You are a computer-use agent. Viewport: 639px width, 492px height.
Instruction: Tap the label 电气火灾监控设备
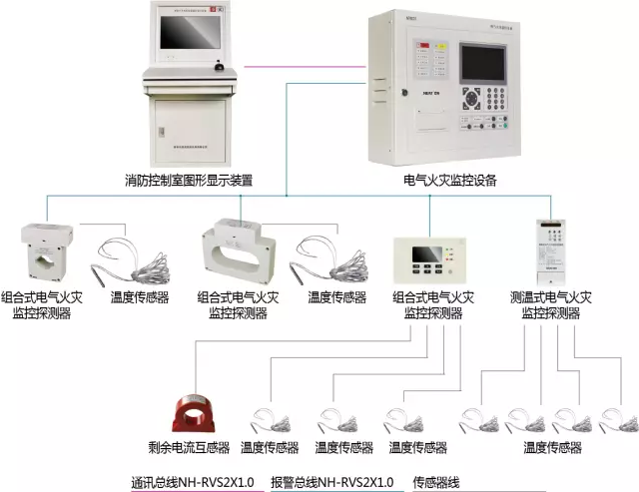(449, 182)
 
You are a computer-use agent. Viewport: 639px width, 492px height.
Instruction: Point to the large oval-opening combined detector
(236, 250)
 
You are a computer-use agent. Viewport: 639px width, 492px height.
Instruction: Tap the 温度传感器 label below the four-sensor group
(552, 448)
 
